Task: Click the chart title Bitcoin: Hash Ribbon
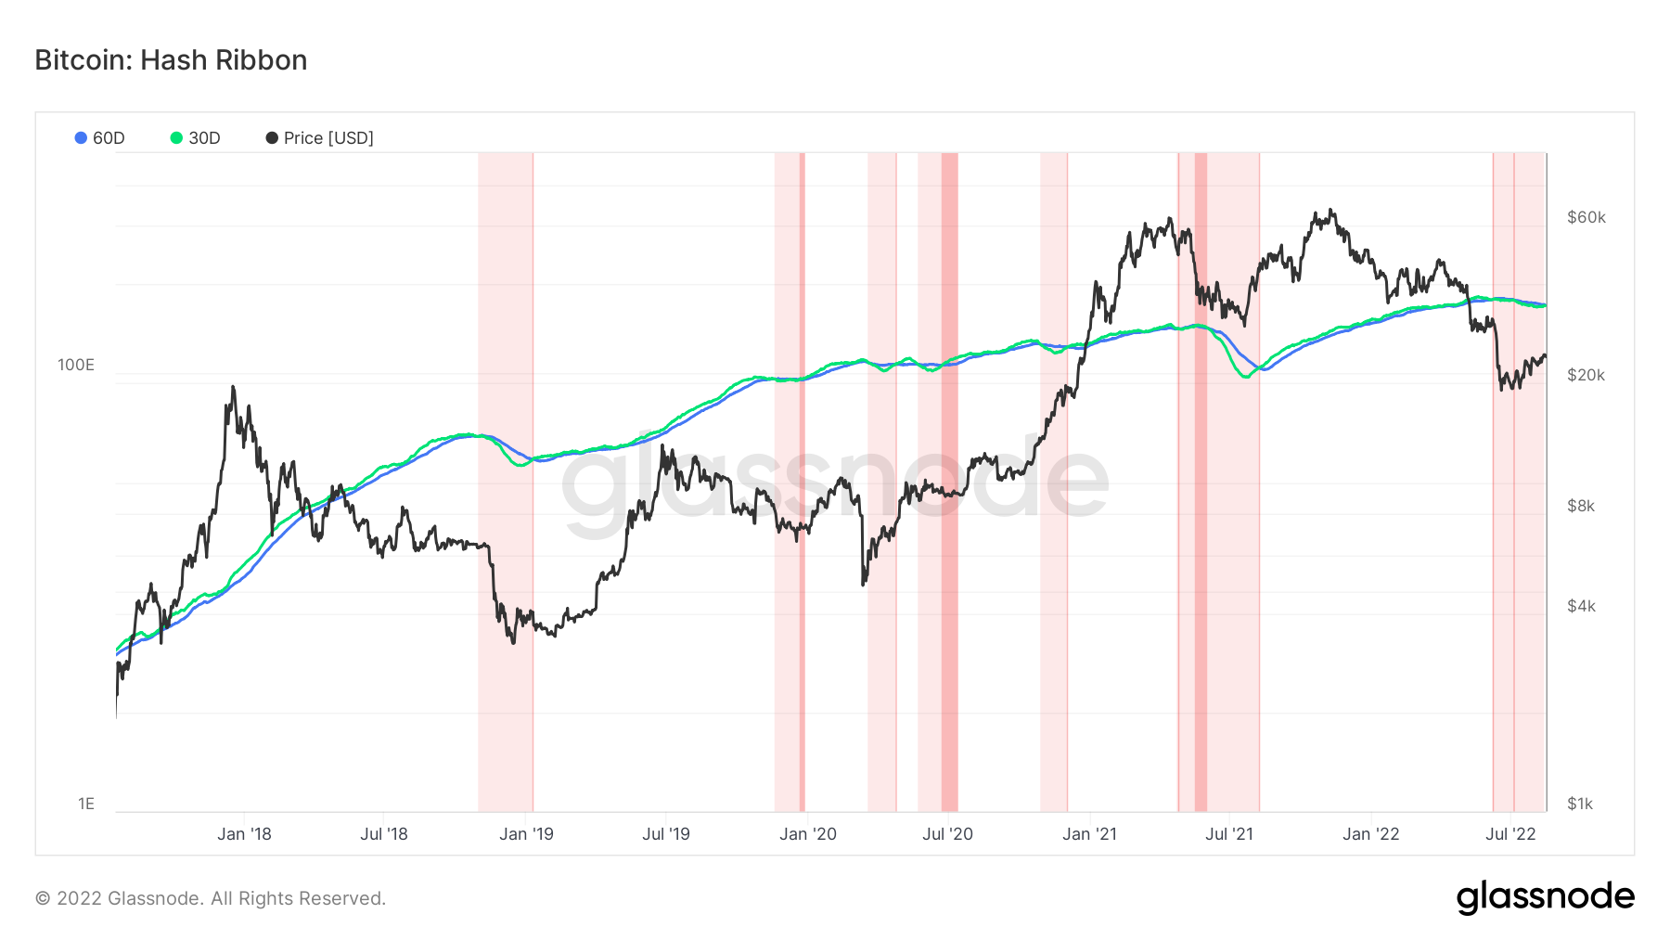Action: tap(171, 60)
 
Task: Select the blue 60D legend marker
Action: tap(81, 138)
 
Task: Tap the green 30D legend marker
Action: tap(176, 138)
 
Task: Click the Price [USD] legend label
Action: tap(328, 138)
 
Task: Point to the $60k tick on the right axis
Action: tap(1586, 217)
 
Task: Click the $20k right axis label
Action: tap(1586, 375)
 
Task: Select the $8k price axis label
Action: tap(1581, 506)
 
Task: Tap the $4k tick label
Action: tap(1581, 606)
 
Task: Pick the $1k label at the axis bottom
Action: tap(1580, 804)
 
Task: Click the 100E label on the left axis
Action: tap(76, 365)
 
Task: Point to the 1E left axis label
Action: tap(86, 804)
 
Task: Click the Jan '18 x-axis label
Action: tap(244, 834)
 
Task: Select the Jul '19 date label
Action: tap(666, 834)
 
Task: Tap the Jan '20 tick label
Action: tap(808, 834)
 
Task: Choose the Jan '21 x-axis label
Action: tap(1089, 834)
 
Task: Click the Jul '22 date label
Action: tap(1510, 834)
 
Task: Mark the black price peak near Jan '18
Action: tap(233, 387)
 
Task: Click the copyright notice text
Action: tap(211, 898)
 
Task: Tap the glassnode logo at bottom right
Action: tap(1545, 897)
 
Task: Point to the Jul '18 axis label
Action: tap(384, 834)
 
